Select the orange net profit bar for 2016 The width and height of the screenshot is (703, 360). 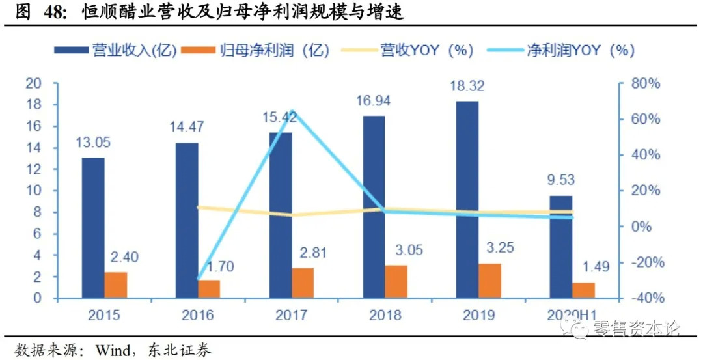pyautogui.click(x=210, y=289)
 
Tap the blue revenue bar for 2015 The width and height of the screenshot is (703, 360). pyautogui.click(x=93, y=228)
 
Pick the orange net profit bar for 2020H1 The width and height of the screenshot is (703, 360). pyautogui.click(x=584, y=290)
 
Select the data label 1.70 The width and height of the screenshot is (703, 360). pyautogui.click(x=219, y=266)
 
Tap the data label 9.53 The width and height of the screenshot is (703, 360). pyautogui.click(x=561, y=180)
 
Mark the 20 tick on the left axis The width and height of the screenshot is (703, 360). pyautogui.click(x=33, y=83)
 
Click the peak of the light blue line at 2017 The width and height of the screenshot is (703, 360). pyautogui.click(x=292, y=111)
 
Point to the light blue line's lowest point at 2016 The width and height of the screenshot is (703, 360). pyautogui.click(x=199, y=279)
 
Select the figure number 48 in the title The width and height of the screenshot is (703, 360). pyautogui.click(x=53, y=11)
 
